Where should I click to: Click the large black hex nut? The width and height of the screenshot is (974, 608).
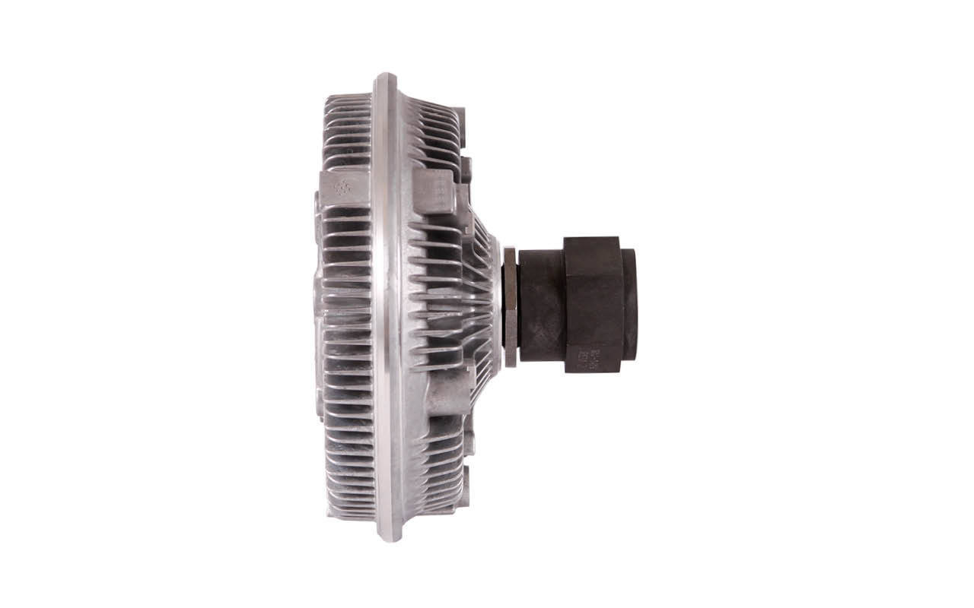593,304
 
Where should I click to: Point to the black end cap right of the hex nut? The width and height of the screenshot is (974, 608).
629,304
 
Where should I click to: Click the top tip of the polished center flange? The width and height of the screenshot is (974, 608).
385,77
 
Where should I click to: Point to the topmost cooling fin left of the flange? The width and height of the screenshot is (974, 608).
349,100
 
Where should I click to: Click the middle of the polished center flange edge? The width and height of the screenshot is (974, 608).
387,304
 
